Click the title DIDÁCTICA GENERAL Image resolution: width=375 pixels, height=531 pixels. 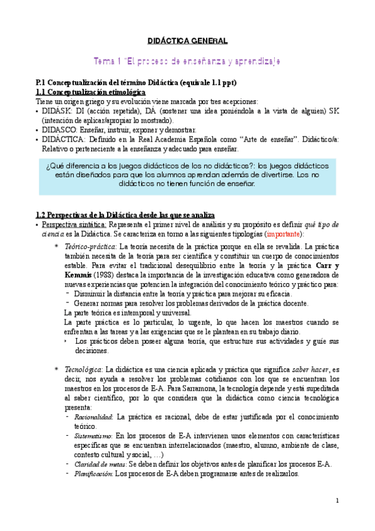tap(187, 41)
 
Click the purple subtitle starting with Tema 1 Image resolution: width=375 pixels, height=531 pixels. tap(187, 61)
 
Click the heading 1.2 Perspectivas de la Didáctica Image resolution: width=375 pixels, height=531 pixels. tap(125, 215)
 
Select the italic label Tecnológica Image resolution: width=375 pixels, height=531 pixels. tap(84, 370)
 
